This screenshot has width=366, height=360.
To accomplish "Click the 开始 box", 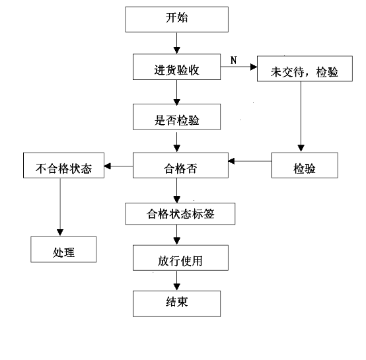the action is pos(176,19).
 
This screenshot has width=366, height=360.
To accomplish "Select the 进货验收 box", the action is pos(176,67).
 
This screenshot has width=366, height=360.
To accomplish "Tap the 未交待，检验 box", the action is pos(305,69).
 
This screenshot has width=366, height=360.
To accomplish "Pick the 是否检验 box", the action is pos(176,117).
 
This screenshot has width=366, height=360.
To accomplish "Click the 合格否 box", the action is pos(180,165).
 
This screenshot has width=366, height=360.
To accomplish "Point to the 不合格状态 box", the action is pos(63,165).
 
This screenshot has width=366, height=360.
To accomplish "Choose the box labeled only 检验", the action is pos(305,165).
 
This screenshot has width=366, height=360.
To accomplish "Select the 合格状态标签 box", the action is pos(180,214).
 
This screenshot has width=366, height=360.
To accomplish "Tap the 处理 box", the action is pos(63,250).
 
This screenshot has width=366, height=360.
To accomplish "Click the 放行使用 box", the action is pos(180,258).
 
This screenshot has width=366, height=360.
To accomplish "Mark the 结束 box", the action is pos(176,304).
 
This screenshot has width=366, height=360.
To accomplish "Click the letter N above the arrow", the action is pos(234,60).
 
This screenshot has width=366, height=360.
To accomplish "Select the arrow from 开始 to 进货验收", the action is pos(176,43).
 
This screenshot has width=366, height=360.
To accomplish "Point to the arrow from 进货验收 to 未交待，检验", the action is pos(238,67).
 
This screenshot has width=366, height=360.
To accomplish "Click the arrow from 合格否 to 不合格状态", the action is pos(118,166).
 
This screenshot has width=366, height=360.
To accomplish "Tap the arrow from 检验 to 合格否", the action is pos(250,161).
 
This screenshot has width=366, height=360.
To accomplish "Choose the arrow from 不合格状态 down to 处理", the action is pos(60,207).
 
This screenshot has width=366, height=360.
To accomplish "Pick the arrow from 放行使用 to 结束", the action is pos(176,281).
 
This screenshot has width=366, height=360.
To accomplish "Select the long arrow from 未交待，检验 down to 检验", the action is pos(301,116).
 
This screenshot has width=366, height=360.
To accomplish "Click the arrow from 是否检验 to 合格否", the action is pos(176,142).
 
